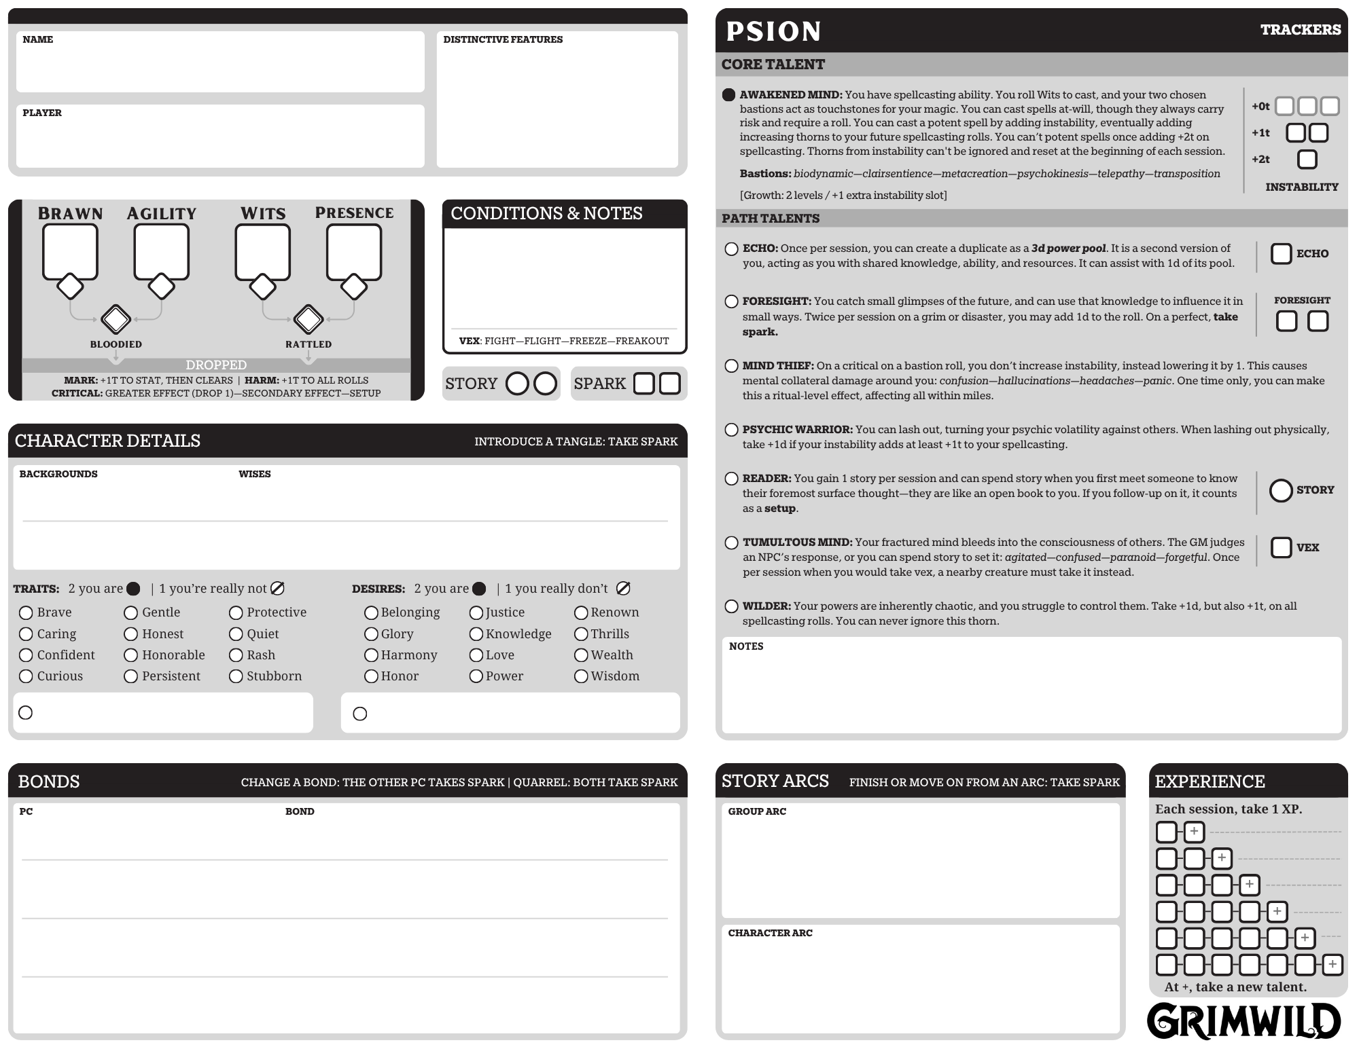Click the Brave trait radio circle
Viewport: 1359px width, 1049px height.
(26, 613)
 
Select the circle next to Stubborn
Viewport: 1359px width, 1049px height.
(236, 676)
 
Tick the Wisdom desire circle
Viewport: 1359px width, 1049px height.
(581, 676)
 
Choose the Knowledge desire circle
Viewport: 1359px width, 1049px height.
(476, 634)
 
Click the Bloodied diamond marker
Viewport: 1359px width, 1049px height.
(116, 319)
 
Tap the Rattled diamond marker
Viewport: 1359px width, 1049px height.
(308, 319)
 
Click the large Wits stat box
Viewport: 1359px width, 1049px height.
(262, 251)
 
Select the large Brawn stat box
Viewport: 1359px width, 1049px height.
(70, 251)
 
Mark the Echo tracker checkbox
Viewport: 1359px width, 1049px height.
(1281, 254)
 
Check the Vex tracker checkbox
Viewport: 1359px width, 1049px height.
(1281, 548)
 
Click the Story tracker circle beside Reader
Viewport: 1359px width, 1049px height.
(1281, 490)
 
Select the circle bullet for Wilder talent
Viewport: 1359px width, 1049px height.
(731, 606)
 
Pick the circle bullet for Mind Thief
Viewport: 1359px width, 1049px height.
(731, 366)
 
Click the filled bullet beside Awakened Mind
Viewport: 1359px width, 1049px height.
(729, 95)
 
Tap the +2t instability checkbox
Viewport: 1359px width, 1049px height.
(1307, 160)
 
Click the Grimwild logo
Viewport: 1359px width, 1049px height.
(1243, 1022)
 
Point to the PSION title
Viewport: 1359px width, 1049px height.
(774, 31)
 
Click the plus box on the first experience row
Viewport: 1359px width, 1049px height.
(1194, 832)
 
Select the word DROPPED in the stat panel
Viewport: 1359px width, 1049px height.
(216, 365)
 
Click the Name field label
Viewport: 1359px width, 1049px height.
(38, 39)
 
